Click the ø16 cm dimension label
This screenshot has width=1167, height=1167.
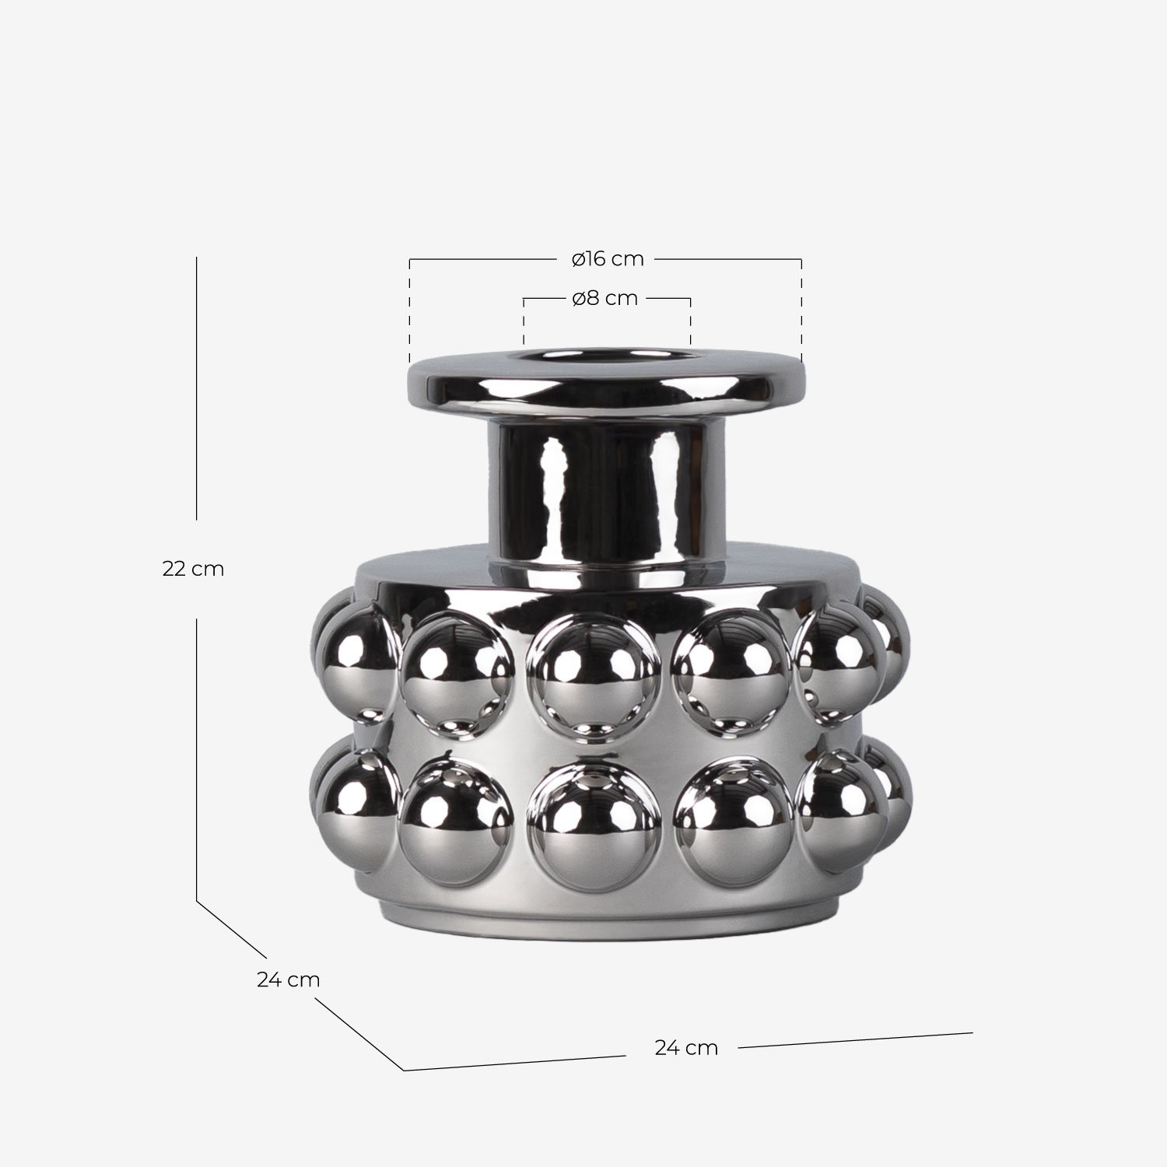pos(607,259)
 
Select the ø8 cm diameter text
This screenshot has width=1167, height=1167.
pos(605,299)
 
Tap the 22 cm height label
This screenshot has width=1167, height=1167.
pos(193,569)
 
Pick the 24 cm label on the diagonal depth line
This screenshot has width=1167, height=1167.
pos(288,980)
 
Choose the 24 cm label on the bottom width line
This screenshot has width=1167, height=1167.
pos(685,1048)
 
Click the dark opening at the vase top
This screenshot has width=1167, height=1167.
pos(605,357)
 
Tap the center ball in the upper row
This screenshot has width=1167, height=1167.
pos(594,671)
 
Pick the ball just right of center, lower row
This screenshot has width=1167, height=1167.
pos(731,821)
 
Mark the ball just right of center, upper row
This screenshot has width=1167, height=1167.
pos(731,668)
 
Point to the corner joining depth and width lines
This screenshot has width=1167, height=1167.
pos(405,1070)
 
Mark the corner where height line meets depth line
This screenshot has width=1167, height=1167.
pos(197,901)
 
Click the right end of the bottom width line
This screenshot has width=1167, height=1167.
pos(972,1033)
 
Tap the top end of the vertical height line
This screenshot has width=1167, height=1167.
pos(197,258)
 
